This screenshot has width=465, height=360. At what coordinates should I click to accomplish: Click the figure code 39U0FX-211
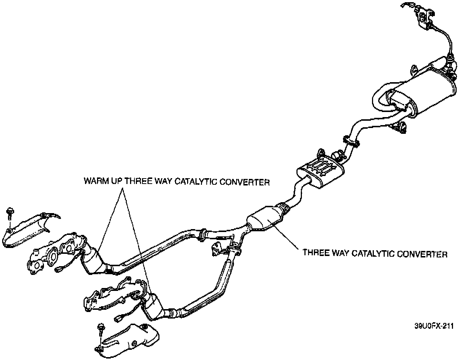[x=434, y=326]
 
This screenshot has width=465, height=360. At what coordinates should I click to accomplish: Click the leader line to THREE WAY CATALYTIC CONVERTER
[x=287, y=238]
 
